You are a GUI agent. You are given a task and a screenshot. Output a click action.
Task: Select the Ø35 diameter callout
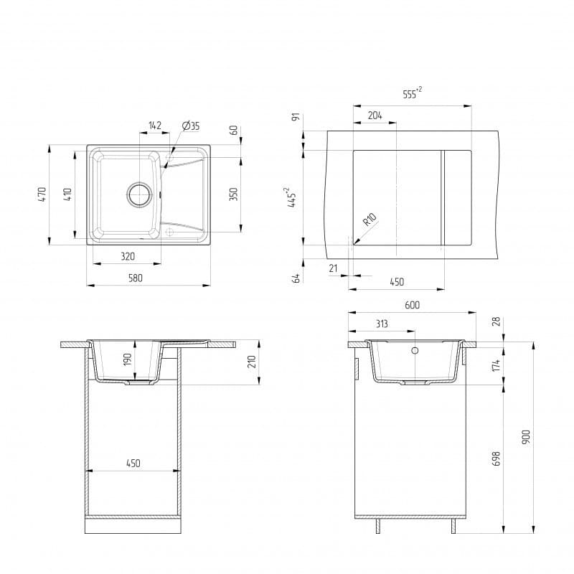click(191, 126)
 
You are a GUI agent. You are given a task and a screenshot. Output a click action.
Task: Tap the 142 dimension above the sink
click(155, 126)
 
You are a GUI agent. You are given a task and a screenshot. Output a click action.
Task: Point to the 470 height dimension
click(42, 194)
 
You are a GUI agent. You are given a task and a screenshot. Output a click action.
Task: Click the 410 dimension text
click(67, 194)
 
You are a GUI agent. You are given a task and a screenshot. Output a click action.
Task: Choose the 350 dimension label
click(233, 194)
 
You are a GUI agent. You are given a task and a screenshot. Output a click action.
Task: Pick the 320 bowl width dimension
click(128, 255)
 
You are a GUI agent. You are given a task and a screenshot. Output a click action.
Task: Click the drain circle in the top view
click(140, 193)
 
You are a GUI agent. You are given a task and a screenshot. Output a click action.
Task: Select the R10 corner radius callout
click(370, 220)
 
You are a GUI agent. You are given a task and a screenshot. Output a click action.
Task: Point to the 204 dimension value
click(375, 116)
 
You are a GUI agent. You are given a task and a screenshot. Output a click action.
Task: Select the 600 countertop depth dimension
click(412, 305)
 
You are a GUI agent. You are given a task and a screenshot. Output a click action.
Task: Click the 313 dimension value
click(381, 324)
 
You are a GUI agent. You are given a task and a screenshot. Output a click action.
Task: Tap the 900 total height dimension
click(526, 437)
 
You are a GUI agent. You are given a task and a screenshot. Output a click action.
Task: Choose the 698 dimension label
click(496, 458)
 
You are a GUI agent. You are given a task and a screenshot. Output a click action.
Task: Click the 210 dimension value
click(251, 361)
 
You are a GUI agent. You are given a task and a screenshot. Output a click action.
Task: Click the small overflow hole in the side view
click(415, 352)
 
